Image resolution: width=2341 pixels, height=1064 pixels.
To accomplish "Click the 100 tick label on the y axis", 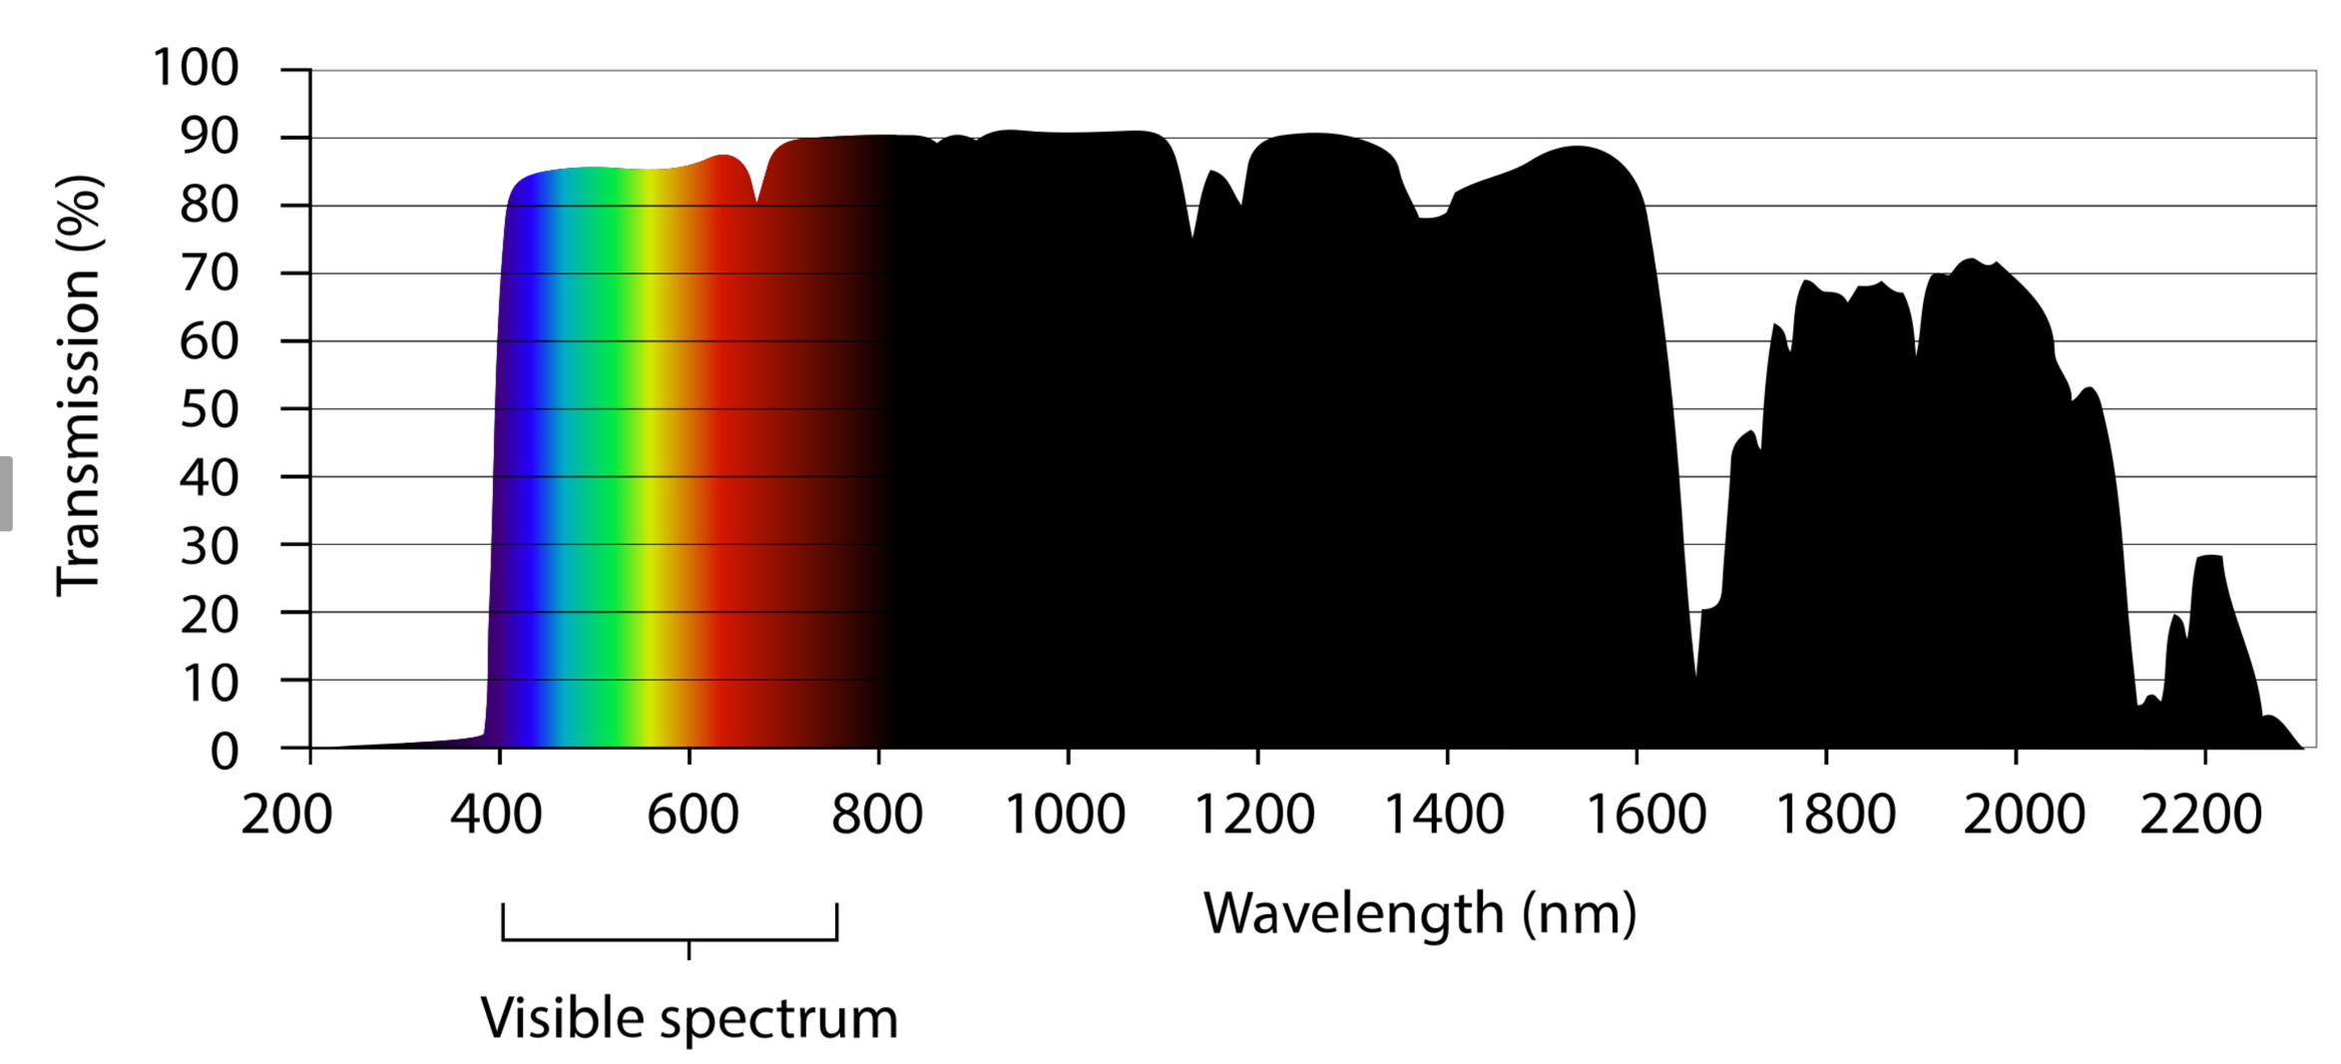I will click(x=196, y=69).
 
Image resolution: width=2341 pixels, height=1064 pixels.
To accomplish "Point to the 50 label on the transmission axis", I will click(x=210, y=410).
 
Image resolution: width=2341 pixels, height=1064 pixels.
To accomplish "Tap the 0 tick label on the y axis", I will click(x=225, y=752).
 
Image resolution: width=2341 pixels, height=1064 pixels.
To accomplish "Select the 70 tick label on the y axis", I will click(x=210, y=273).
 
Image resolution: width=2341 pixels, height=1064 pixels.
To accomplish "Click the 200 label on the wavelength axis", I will click(x=286, y=814).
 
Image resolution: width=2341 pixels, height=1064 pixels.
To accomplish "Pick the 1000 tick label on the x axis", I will click(x=1065, y=814).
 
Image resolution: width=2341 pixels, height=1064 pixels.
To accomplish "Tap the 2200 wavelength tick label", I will click(x=2201, y=814).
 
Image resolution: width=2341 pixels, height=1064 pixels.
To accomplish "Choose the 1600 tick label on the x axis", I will click(x=1645, y=814).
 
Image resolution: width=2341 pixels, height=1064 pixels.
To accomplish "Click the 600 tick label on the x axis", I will click(x=693, y=814).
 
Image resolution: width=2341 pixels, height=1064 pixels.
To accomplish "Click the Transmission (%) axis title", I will click(x=79, y=386).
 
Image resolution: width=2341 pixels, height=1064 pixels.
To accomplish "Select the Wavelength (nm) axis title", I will click(x=1420, y=913).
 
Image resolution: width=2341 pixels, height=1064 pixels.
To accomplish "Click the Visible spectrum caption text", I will click(x=690, y=1018).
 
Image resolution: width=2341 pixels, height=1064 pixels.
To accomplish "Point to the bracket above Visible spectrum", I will click(x=670, y=937).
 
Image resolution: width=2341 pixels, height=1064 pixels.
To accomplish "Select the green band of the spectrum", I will click(x=594, y=449).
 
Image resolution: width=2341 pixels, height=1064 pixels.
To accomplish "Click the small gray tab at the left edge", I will click(x=6, y=493).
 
